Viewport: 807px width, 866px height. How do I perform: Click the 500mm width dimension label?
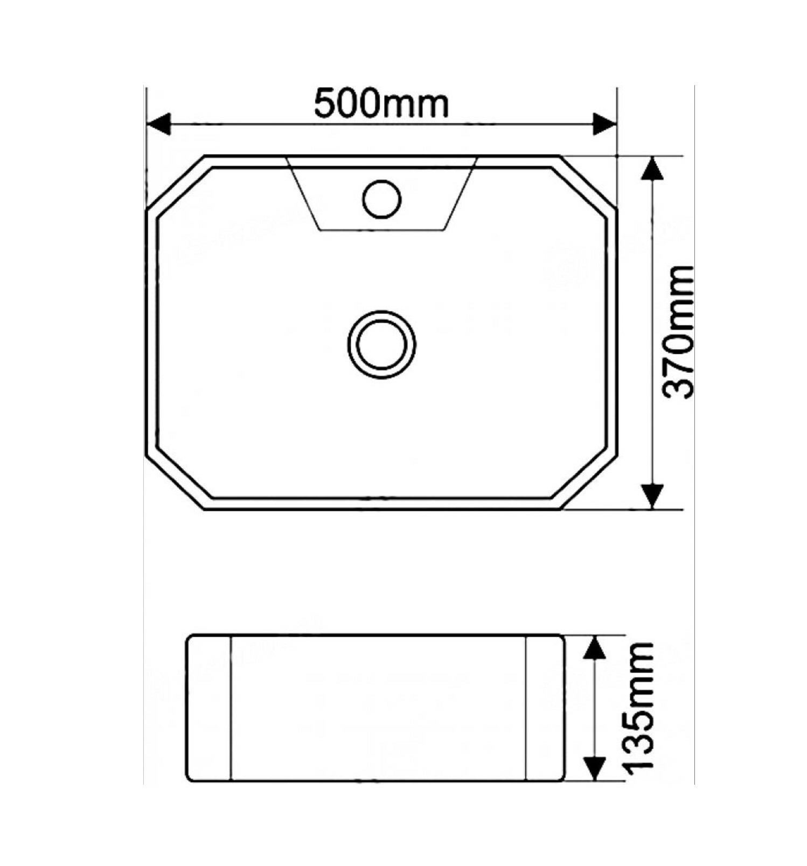pyautogui.click(x=381, y=104)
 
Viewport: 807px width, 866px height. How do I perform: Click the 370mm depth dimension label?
pyautogui.click(x=678, y=332)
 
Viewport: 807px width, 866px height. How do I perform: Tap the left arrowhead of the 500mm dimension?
pyautogui.click(x=158, y=124)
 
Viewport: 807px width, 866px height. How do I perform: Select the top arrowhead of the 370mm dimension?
pyautogui.click(x=653, y=169)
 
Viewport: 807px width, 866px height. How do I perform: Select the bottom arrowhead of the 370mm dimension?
pyautogui.click(x=653, y=495)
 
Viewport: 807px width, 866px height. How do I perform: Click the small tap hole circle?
pyautogui.click(x=382, y=199)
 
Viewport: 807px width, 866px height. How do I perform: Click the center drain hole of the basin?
pyautogui.click(x=381, y=345)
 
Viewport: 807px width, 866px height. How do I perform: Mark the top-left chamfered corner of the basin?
pyautogui.click(x=175, y=181)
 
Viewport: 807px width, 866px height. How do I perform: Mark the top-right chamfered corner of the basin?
pyautogui.click(x=588, y=181)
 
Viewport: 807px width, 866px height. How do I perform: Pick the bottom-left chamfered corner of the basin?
pyautogui.click(x=175, y=483)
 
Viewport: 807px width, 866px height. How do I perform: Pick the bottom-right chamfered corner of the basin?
pyautogui.click(x=588, y=483)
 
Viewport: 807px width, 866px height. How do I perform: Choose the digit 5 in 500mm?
pyautogui.click(x=326, y=104)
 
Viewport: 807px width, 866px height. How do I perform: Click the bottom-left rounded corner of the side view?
pyautogui.click(x=190, y=777)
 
